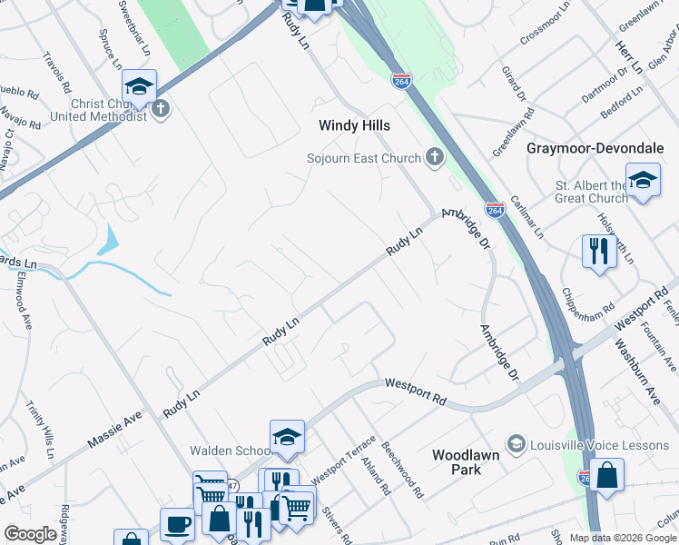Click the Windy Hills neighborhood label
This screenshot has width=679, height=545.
click(x=354, y=125)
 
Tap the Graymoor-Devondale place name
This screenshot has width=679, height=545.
click(x=596, y=147)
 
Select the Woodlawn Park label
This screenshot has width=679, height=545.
click(x=468, y=461)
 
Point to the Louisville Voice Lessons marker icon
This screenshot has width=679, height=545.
click(x=517, y=442)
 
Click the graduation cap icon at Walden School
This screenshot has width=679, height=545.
click(x=287, y=438)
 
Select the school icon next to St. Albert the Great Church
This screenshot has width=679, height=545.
click(x=643, y=181)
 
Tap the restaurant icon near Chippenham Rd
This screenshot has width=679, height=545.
click(x=599, y=251)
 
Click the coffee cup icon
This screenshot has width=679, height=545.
click(x=177, y=525)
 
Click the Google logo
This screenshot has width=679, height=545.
click(x=30, y=534)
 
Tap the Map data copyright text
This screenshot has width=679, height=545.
click(x=623, y=538)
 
